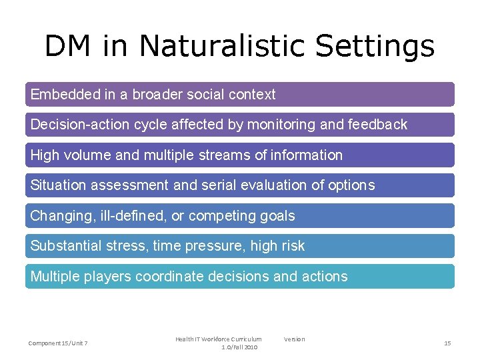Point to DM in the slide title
(x=69, y=47)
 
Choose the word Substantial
(x=66, y=246)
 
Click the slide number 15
(x=447, y=343)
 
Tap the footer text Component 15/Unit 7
(x=59, y=343)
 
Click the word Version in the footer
(x=294, y=339)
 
